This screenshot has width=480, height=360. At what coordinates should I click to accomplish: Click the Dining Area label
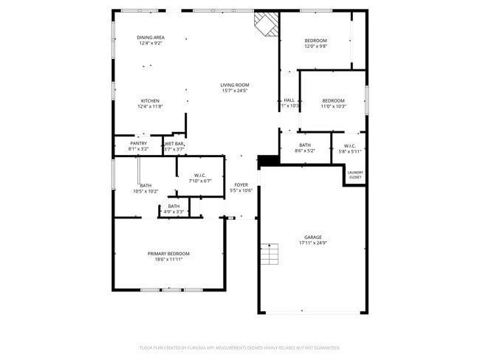click(x=151, y=38)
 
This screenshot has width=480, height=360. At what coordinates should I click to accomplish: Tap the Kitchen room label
click(x=151, y=101)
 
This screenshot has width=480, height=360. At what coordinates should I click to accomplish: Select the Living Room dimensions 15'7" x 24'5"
click(x=234, y=91)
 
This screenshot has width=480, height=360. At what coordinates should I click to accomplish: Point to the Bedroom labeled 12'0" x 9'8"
click(x=315, y=42)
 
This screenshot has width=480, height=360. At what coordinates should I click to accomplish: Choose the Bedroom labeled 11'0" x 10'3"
click(x=333, y=103)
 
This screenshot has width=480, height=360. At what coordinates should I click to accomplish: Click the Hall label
click(x=289, y=100)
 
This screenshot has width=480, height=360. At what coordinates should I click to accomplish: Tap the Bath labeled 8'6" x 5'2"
click(x=305, y=148)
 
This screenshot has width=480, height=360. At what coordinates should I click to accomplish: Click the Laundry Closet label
click(x=355, y=175)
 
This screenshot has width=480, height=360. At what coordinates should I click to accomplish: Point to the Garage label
click(x=313, y=240)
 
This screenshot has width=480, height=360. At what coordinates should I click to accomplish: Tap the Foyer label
click(x=241, y=187)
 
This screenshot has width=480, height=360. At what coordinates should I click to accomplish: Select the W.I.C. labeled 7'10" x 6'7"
click(x=200, y=178)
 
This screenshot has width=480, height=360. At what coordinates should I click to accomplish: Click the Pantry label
click(x=138, y=146)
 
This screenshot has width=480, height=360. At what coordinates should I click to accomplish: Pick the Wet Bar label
click(x=174, y=146)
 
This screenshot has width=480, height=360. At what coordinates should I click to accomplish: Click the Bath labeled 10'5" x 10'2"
click(x=145, y=188)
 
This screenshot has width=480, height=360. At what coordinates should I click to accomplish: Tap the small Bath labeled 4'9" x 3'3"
click(x=174, y=209)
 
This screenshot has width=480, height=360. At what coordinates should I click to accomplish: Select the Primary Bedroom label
click(x=168, y=256)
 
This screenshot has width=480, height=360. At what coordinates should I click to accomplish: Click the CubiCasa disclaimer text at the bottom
click(x=239, y=347)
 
